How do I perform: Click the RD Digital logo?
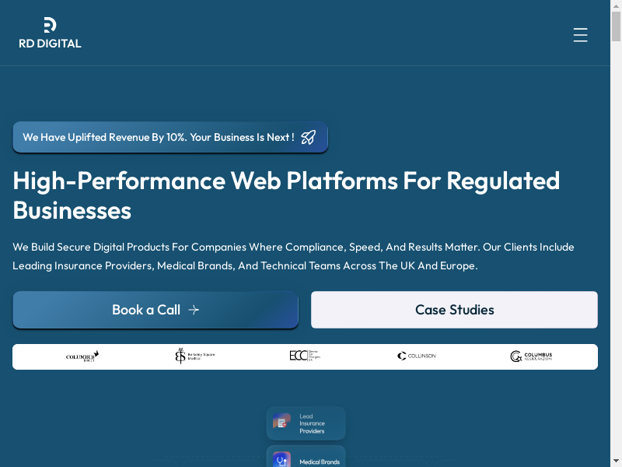click(50, 33)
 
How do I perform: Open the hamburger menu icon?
click(580, 35)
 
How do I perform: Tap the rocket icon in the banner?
click(309, 137)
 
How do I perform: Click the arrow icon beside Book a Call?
click(194, 310)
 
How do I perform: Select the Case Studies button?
click(454, 310)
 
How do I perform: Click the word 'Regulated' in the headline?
click(503, 181)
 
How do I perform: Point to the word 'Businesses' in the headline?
click(72, 210)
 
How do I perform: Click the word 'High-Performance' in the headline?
click(118, 181)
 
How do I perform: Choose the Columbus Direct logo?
click(82, 356)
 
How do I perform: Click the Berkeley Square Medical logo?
click(194, 356)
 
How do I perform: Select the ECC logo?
click(305, 356)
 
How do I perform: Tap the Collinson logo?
click(417, 356)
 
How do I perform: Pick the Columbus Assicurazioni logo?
click(531, 356)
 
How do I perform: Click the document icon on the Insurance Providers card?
click(281, 423)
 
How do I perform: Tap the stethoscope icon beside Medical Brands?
click(281, 460)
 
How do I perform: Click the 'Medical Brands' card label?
click(320, 462)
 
